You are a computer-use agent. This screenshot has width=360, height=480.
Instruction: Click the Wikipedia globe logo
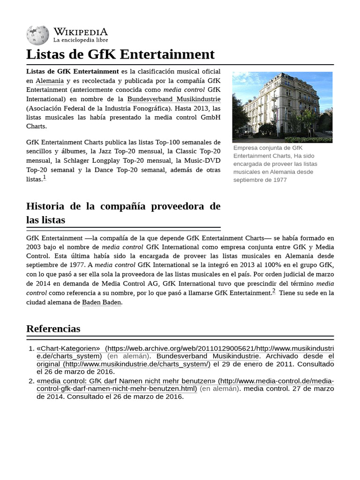click(37, 36)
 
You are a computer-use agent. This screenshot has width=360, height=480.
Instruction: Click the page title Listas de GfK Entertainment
click(120, 54)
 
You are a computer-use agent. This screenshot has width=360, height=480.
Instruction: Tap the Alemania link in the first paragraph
click(50, 81)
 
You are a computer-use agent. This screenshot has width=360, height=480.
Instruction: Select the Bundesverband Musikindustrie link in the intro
click(173, 99)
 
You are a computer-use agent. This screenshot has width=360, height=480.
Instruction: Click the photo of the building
click(282, 107)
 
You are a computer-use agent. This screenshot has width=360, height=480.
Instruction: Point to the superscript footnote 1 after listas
click(45, 178)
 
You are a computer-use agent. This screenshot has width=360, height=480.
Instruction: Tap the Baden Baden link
click(102, 302)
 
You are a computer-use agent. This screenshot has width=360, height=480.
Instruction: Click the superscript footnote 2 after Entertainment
click(274, 291)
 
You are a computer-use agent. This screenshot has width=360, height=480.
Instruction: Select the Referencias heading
click(53, 329)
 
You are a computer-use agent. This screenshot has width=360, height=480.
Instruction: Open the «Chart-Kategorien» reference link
click(68, 348)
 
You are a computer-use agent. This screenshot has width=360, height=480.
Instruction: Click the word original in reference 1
click(48, 364)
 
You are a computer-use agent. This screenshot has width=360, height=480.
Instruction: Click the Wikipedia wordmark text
click(80, 32)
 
